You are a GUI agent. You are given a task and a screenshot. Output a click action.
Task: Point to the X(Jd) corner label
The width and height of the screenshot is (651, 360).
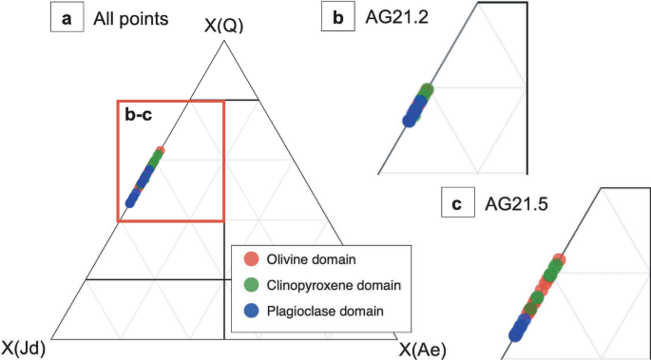point(24,348)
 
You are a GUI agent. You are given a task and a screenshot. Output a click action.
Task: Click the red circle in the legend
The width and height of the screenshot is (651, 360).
point(251,259)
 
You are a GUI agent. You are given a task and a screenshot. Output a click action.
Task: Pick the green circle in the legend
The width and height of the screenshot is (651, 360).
point(251,284)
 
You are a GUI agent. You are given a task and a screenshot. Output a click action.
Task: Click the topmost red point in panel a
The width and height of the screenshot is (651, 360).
point(160,150)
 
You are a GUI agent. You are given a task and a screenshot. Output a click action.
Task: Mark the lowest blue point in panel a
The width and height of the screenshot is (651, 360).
point(131,202)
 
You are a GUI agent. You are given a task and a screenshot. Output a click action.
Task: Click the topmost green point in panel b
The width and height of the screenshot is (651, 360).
point(426,90)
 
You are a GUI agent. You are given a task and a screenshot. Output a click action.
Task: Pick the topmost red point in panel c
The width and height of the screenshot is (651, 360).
point(559,258)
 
